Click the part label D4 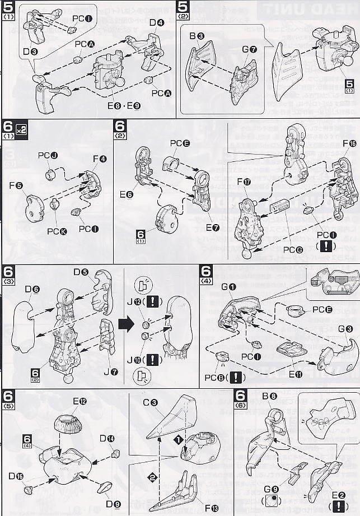[x=157, y=23]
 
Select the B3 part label [x=197, y=36]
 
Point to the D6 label [x=32, y=289]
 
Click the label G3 [x=345, y=329]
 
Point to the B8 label [x=269, y=396]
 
